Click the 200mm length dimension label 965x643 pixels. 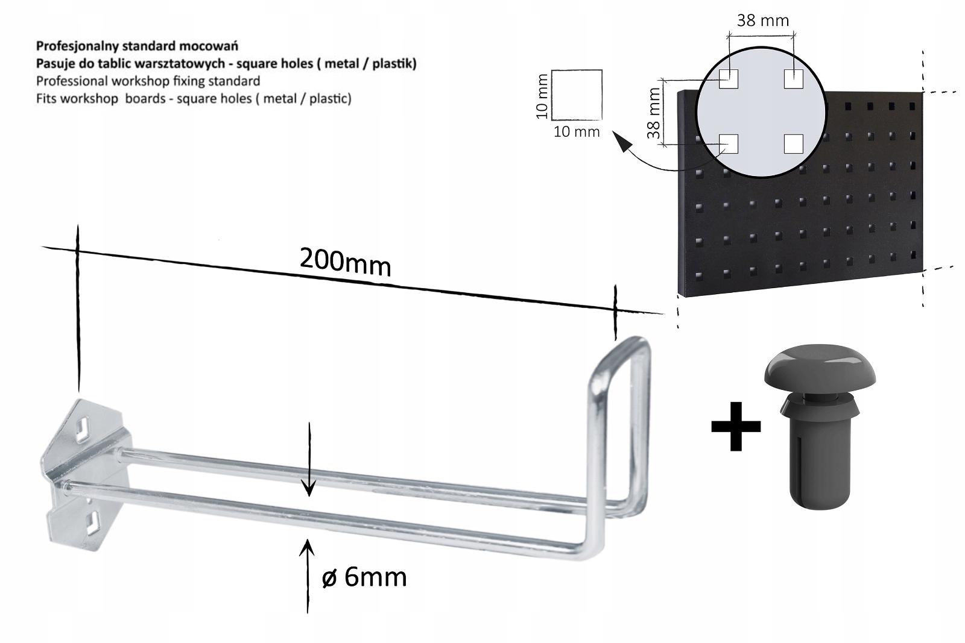tap(346, 262)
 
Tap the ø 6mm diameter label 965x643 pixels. tap(364, 577)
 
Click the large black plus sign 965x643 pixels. tap(736, 426)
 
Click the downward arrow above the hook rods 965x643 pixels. tap(309, 460)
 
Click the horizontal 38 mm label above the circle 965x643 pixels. tap(762, 20)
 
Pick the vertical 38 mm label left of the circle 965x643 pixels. tap(654, 113)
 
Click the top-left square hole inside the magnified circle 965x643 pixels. tap(729, 79)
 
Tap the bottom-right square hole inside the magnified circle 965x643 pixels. tap(794, 144)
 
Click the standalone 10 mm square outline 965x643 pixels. tap(577, 95)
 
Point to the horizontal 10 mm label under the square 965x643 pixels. tap(577, 132)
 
